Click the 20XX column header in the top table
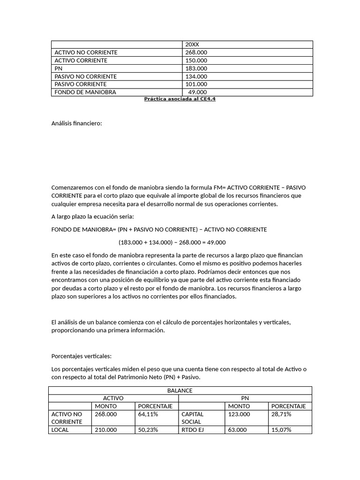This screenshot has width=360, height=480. pos(192,45)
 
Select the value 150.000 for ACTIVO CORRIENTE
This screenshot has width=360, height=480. pos(196,60)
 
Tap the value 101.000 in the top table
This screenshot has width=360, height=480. pos(196,84)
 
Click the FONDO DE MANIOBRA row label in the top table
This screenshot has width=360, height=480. pos(85,92)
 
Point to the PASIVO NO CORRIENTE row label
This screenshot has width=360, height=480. pos(86,76)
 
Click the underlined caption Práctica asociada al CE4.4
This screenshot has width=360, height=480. pos(180,99)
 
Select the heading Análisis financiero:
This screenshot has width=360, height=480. pos(76,123)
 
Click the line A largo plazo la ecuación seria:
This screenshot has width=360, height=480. pos(92,217)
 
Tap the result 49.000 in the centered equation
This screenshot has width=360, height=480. pos(215,242)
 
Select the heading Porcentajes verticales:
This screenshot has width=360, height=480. pos(81,356)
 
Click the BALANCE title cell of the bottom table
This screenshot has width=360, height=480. pos(180,390)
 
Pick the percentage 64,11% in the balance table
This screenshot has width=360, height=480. pos(148,414)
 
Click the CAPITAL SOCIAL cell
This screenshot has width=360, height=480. pos(191,418)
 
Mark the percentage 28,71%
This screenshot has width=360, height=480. pos(281,414)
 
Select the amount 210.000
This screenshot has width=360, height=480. pos(105,430)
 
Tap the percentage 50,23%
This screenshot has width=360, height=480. pos(148,430)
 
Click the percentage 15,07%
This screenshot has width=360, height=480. pos(281,430)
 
